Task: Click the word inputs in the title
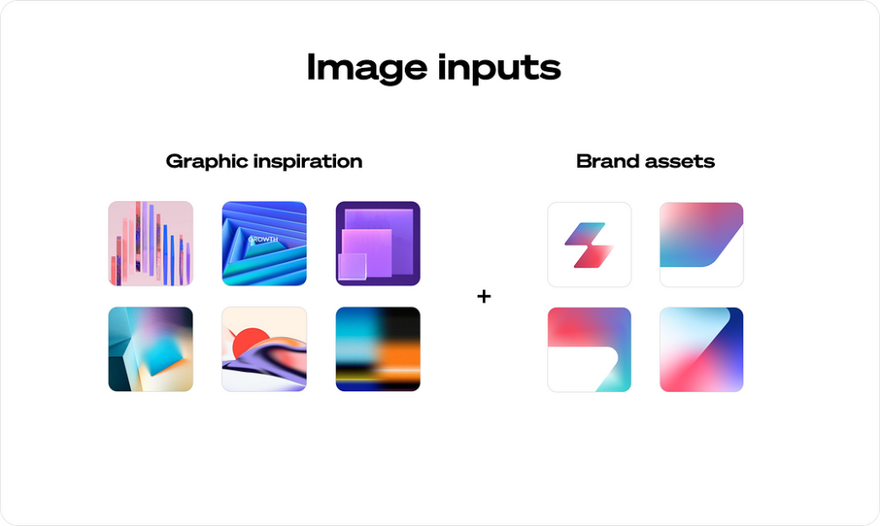499,69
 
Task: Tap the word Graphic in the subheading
206,162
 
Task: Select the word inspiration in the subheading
308,162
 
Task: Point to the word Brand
608,161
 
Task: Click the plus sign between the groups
484,296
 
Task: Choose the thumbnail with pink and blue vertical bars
150,243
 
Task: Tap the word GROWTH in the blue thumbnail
263,239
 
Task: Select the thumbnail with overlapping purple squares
378,243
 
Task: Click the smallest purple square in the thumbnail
351,266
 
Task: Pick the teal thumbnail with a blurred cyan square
150,349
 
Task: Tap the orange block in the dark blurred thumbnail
400,353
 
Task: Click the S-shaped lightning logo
590,245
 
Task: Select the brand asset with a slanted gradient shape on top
701,245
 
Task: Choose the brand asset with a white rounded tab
590,349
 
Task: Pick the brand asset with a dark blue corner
701,349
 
